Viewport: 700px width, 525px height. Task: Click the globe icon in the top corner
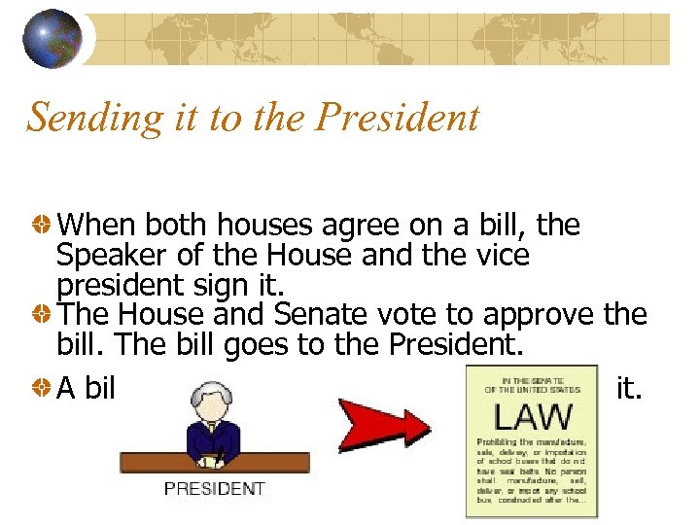point(53,38)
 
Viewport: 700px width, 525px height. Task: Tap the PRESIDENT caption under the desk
point(214,488)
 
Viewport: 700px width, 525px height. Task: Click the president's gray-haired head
point(210,400)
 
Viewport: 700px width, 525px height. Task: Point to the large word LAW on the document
point(532,417)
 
